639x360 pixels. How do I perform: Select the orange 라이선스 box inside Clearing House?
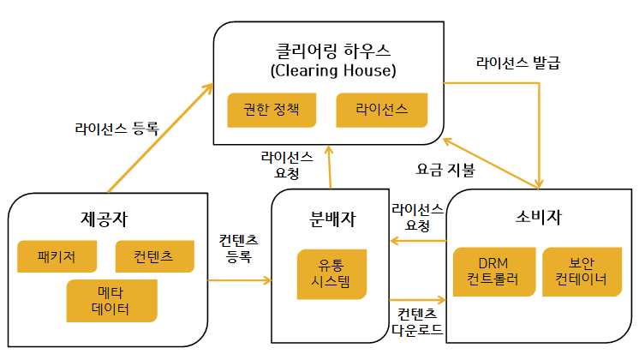click(380, 111)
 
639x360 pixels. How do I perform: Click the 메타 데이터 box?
click(111, 300)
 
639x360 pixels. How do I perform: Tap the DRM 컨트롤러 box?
click(493, 272)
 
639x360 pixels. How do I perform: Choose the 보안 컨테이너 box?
click(581, 272)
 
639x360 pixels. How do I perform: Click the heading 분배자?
click(331, 217)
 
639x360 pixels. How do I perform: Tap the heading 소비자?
click(540, 215)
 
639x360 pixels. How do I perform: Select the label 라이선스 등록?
click(116, 129)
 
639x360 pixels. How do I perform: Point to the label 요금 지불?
click(445, 170)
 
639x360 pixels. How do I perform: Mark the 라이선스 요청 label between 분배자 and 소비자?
click(416, 217)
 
